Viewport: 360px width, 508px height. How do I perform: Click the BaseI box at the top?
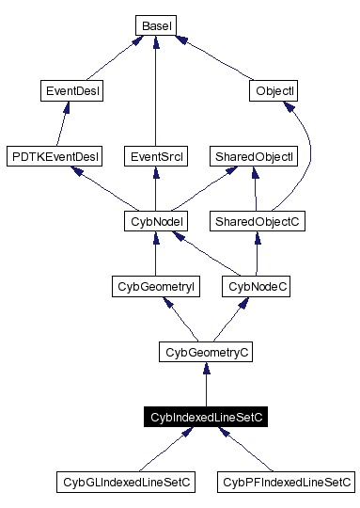pos(154,25)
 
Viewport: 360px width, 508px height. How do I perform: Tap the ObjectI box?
pos(275,91)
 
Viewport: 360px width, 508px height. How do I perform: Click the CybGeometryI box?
pos(153,285)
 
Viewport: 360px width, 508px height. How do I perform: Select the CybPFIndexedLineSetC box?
pos(286,483)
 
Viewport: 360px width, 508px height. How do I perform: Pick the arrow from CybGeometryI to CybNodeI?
pos(154,254)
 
